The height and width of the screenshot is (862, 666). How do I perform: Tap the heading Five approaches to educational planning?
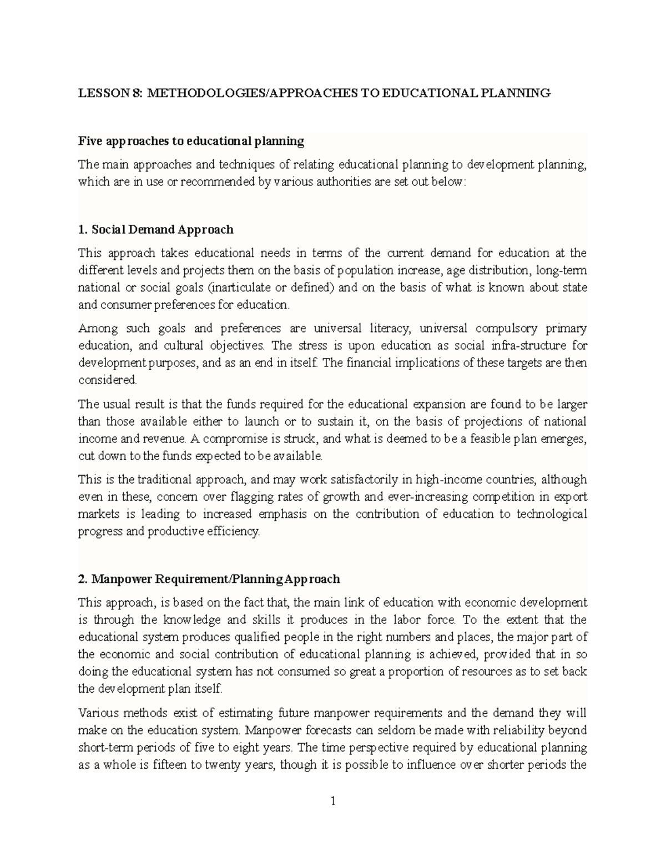coord(191,141)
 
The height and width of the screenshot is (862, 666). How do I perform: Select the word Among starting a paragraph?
coord(98,328)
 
